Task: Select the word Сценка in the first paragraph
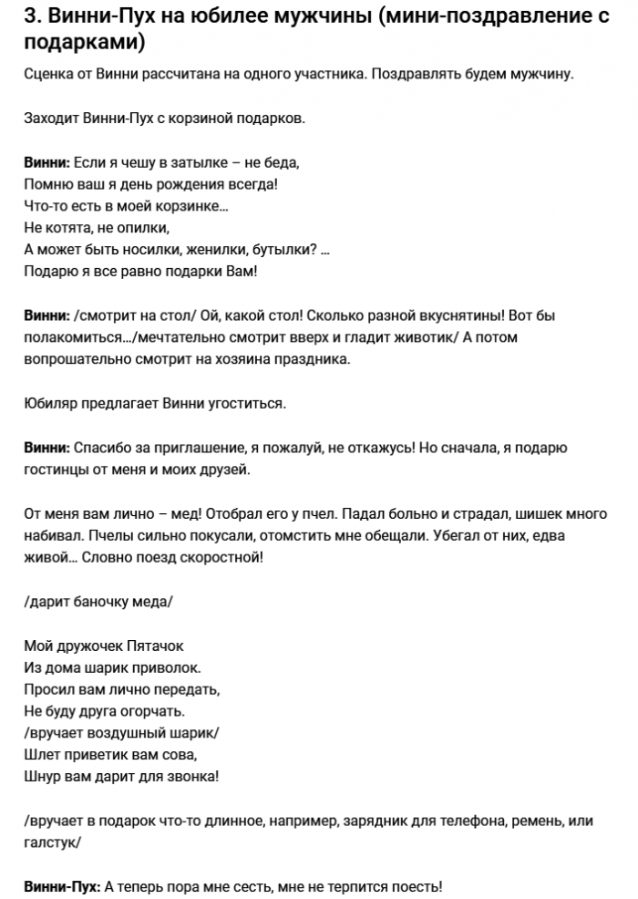click(49, 74)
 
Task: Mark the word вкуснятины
click(451, 315)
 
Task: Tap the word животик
click(418, 337)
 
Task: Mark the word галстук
click(51, 843)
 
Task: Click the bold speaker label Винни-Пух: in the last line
click(63, 886)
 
